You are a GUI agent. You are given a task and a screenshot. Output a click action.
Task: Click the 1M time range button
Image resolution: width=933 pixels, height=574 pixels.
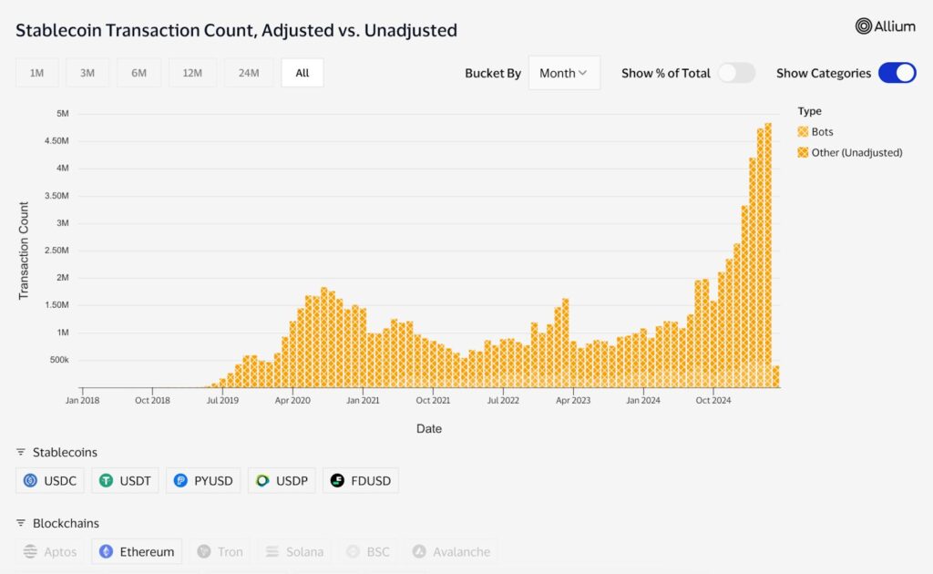pos(36,73)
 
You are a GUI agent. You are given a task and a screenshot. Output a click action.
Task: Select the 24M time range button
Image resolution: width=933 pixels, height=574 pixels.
pos(249,73)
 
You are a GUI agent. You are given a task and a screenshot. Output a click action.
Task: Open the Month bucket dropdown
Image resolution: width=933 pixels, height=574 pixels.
pos(564,73)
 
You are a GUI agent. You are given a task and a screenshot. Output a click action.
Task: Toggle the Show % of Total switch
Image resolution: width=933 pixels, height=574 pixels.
pos(736,73)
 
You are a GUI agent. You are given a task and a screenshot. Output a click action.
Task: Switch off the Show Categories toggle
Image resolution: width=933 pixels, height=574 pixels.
pos(897,73)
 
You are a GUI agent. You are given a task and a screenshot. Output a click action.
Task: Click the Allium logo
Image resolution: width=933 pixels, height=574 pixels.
pos(885,26)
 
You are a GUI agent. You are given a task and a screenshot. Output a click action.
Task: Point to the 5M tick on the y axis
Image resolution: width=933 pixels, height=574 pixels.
pos(63,113)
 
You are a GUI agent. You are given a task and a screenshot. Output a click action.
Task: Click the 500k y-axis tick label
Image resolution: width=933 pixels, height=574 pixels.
pos(59,360)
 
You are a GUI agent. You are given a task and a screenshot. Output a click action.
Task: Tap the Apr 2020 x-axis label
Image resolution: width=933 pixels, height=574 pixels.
pos(293,399)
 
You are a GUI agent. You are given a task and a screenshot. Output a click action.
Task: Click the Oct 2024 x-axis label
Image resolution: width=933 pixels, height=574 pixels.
pos(713,399)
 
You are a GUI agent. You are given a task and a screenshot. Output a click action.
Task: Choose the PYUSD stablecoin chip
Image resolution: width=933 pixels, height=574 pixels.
pos(203,480)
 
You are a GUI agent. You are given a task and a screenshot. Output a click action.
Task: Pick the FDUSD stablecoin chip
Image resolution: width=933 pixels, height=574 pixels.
pos(361,480)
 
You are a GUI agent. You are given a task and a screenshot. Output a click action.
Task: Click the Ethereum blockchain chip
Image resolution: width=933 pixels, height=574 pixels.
pos(137,551)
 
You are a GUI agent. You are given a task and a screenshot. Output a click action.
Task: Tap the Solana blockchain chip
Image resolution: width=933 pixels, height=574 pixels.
pos(294,551)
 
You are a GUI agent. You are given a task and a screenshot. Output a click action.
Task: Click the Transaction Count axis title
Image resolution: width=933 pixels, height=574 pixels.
pos(25,251)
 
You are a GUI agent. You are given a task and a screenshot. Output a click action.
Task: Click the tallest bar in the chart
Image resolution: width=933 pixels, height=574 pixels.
pos(768,255)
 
